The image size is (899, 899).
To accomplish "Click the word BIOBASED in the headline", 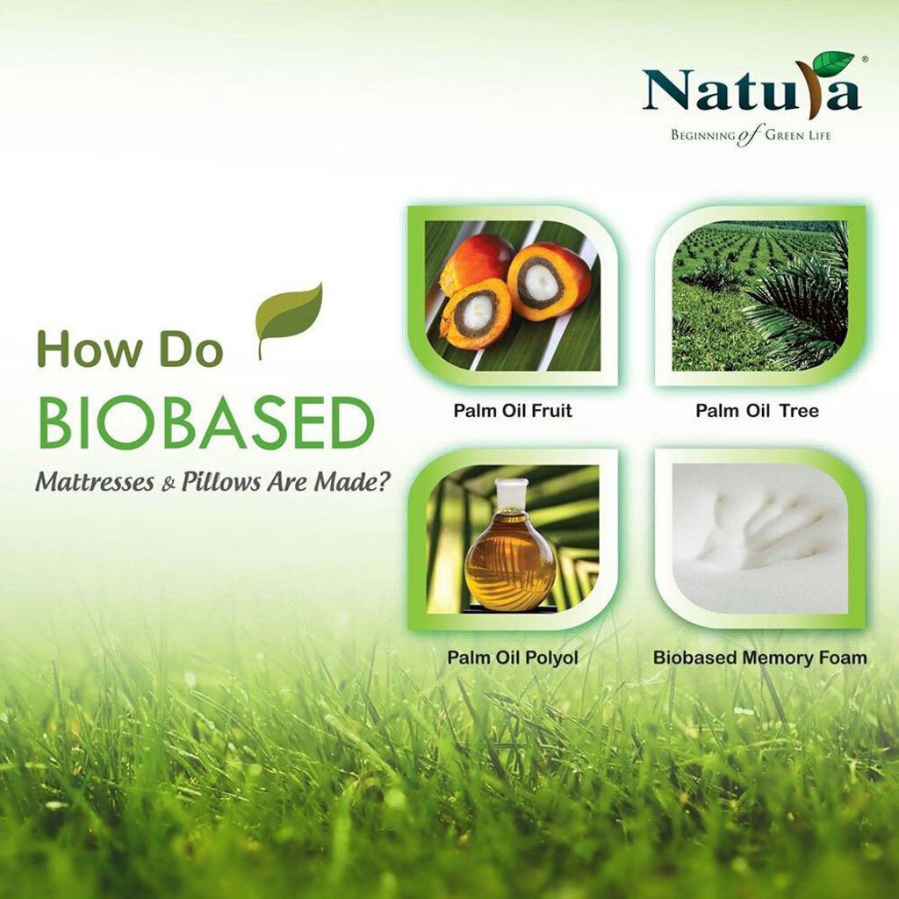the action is pyautogui.click(x=206, y=424).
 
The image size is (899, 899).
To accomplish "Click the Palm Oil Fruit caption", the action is pyautogui.click(x=513, y=411).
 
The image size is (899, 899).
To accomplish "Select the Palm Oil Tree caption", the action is pyautogui.click(x=757, y=411).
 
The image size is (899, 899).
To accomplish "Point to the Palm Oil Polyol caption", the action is pyautogui.click(x=512, y=657).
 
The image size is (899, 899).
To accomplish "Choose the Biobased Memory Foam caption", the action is pyautogui.click(x=759, y=657).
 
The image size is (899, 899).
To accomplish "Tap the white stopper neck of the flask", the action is pyautogui.click(x=512, y=494).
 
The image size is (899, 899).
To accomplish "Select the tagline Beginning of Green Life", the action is pyautogui.click(x=751, y=136).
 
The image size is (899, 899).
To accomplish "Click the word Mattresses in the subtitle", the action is pyautogui.click(x=94, y=482).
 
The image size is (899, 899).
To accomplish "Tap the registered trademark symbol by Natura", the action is pyautogui.click(x=865, y=58).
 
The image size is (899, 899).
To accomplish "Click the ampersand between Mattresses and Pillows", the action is pyautogui.click(x=168, y=485).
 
